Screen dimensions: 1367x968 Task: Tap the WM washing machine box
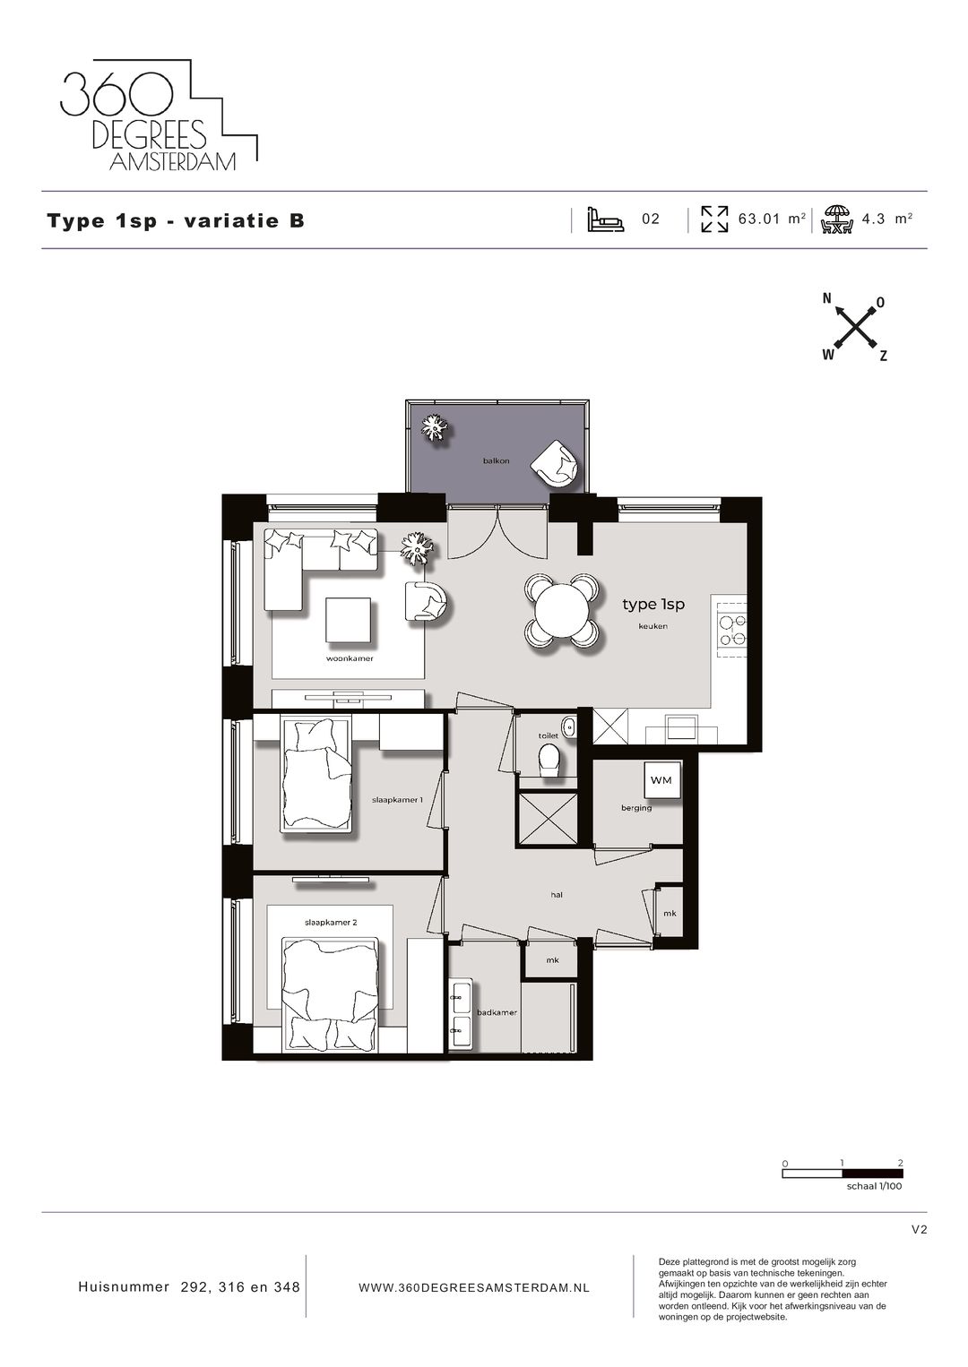[661, 779]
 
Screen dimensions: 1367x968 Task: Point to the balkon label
[496, 460]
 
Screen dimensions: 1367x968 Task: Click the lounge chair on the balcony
[555, 463]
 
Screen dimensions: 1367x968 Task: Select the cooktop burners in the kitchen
[730, 630]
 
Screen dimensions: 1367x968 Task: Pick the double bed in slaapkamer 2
[330, 994]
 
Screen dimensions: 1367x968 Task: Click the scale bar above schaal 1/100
[843, 1174]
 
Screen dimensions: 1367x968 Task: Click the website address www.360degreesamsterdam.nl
[474, 1287]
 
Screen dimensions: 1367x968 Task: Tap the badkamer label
[497, 1012]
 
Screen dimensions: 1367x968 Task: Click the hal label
[557, 894]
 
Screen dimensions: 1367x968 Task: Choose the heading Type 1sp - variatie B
[176, 220]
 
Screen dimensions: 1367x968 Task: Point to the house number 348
[287, 1287]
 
